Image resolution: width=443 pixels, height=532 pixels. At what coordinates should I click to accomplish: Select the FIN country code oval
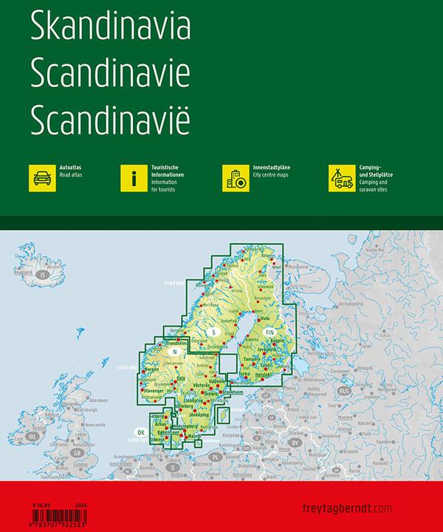pos(270,334)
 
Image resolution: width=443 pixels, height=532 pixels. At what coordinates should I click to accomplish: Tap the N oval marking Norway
pos(174,352)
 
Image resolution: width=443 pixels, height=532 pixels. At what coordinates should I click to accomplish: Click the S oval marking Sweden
pos(213,330)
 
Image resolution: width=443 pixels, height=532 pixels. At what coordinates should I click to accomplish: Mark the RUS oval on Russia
pos(343,389)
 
